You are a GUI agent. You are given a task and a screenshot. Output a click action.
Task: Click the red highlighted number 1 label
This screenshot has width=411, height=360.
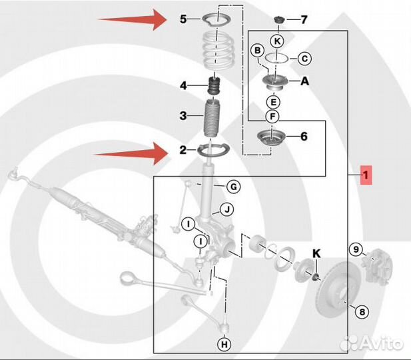point(366,175)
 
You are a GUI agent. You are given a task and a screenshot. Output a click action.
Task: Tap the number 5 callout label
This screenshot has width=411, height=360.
point(183,19)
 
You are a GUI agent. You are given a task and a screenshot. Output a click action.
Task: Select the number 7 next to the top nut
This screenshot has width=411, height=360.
point(304,20)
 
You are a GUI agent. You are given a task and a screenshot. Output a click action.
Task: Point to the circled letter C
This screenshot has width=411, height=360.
point(304,59)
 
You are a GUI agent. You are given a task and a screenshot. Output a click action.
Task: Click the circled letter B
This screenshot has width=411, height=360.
point(258,51)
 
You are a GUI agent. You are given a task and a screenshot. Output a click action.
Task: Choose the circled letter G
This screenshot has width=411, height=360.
point(233,187)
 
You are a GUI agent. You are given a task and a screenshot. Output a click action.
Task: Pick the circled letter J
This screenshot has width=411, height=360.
point(227,209)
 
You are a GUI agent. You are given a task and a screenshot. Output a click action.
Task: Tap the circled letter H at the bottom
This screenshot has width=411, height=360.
point(224,344)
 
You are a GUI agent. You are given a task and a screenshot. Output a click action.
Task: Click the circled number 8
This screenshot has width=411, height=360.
point(362,312)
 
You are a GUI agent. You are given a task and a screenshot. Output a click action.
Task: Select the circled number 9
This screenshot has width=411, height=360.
point(356,249)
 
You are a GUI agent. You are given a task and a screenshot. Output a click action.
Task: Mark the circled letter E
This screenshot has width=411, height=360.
point(273,102)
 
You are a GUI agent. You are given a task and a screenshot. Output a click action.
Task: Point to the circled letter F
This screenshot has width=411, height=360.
point(272,116)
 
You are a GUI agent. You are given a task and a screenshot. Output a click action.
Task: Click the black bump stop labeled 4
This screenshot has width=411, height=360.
point(214,85)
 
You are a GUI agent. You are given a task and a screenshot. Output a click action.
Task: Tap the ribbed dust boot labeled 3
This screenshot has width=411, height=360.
point(212,118)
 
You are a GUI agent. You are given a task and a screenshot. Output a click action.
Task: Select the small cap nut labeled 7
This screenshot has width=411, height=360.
point(278,20)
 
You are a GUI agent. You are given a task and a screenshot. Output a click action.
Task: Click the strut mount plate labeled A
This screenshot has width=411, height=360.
point(274,83)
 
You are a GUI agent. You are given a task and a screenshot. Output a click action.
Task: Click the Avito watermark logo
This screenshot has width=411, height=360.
point(371,343)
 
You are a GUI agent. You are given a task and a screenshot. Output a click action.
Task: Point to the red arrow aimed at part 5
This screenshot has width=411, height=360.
point(133,19)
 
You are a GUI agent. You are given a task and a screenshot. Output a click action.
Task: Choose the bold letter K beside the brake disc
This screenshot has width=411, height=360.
point(316,254)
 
